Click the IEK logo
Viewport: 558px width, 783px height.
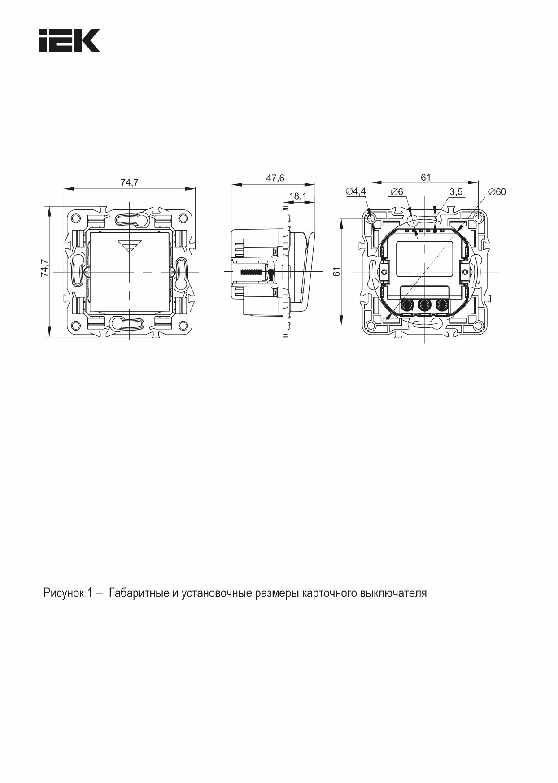click(70, 40)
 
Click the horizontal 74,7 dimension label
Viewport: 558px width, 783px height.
click(129, 182)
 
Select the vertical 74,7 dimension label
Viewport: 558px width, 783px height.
click(44, 268)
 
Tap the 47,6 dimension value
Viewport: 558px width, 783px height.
click(275, 178)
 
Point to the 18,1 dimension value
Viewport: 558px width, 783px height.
click(297, 196)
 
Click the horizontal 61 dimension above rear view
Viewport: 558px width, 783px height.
click(425, 178)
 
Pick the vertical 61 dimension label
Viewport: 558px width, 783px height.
click(337, 271)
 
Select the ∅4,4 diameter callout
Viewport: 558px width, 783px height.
click(356, 191)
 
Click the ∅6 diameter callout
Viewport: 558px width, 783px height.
click(397, 192)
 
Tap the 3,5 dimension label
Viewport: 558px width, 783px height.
click(456, 192)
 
